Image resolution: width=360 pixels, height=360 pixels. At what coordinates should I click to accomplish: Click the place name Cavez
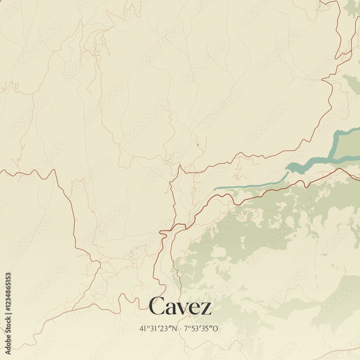pyautogui.click(x=180, y=307)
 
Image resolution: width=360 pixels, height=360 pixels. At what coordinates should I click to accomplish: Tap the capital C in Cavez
pyautogui.click(x=157, y=306)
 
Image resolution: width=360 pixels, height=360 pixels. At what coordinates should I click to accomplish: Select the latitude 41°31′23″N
pyautogui.click(x=158, y=328)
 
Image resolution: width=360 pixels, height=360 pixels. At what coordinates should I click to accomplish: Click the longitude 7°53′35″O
pyautogui.click(x=201, y=328)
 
